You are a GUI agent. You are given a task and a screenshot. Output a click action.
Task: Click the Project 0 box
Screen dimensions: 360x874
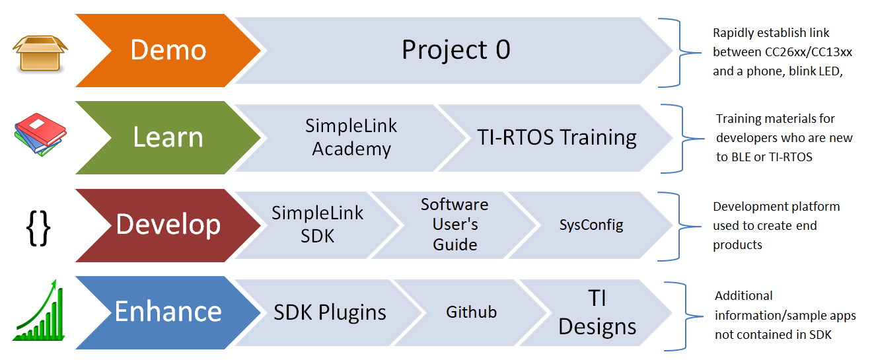456,50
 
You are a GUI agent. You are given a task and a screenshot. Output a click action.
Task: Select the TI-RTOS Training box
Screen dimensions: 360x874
556,137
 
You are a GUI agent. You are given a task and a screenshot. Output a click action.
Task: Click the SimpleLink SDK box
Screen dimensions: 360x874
317,225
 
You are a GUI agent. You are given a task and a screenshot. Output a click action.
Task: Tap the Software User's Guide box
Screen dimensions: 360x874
455,225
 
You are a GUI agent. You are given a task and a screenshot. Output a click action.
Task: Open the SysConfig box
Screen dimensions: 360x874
591,225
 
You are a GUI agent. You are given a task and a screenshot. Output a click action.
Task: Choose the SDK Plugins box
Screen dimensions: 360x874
329,312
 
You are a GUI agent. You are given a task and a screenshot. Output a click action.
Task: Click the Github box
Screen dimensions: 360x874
471,312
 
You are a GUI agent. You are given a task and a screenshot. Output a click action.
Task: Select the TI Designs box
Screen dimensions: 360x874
597,312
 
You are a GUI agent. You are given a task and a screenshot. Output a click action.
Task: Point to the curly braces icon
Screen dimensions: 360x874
38,227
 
